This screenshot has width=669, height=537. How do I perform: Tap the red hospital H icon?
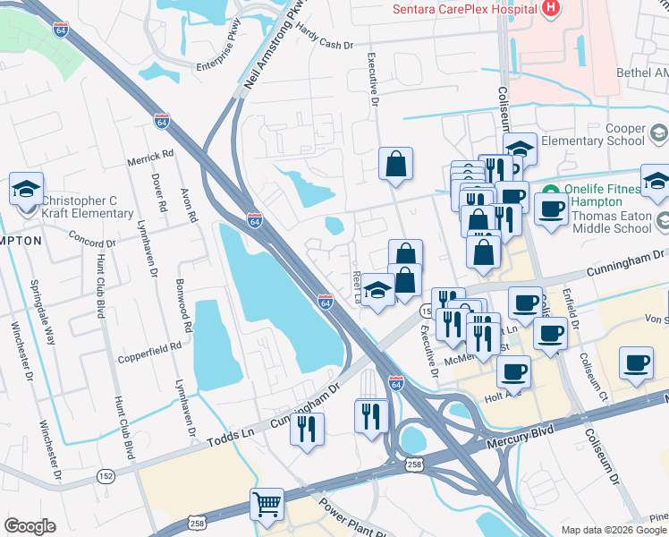tap(551, 9)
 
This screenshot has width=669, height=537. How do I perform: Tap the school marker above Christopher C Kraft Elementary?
tap(27, 189)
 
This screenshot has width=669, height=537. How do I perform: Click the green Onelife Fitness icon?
tap(551, 191)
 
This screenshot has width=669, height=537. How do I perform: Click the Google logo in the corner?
tap(30, 526)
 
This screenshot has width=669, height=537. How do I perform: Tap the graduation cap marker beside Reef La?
tap(378, 292)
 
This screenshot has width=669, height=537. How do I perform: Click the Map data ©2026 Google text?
tap(614, 530)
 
